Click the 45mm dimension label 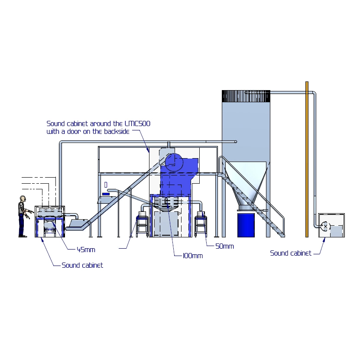pyautogui.click(x=86, y=250)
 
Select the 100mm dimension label pyautogui.click(x=193, y=256)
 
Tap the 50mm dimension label pyautogui.click(x=224, y=246)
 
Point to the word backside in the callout pyautogui.click(x=117, y=131)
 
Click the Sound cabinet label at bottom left pyautogui.click(x=82, y=265)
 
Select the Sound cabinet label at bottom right pyautogui.click(x=291, y=253)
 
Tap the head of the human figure pyautogui.click(x=22, y=199)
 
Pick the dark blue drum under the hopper pyautogui.click(x=246, y=224)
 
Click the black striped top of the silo pyautogui.click(x=246, y=96)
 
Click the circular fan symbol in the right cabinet pyautogui.click(x=325, y=226)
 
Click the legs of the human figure pyautogui.click(x=21, y=225)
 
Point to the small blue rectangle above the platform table pyautogui.click(x=106, y=194)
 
